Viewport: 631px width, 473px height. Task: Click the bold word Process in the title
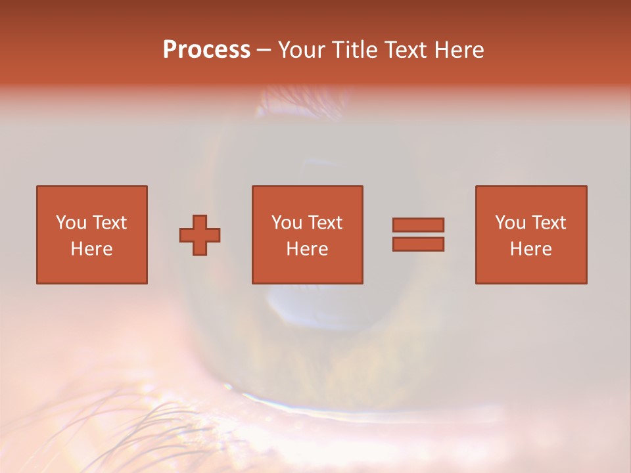206,50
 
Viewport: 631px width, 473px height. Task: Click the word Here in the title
459,50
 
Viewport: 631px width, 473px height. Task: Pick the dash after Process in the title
264,51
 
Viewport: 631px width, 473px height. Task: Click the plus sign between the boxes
200,235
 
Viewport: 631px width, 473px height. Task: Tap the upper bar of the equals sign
418,224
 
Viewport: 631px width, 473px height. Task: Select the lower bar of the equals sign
418,244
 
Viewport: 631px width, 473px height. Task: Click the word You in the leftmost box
71,222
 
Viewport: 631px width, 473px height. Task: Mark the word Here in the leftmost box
91,249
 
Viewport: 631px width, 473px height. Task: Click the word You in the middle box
287,222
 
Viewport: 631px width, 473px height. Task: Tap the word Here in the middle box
307,249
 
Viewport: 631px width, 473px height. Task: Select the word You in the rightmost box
510,222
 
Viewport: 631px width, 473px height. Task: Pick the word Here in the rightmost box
530,249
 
